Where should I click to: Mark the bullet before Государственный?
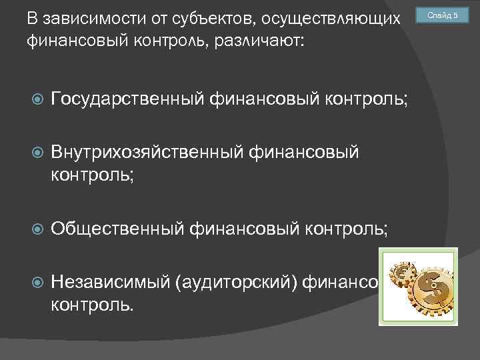(37, 100)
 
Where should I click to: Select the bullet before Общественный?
(37, 229)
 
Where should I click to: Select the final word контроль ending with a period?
(92, 305)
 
